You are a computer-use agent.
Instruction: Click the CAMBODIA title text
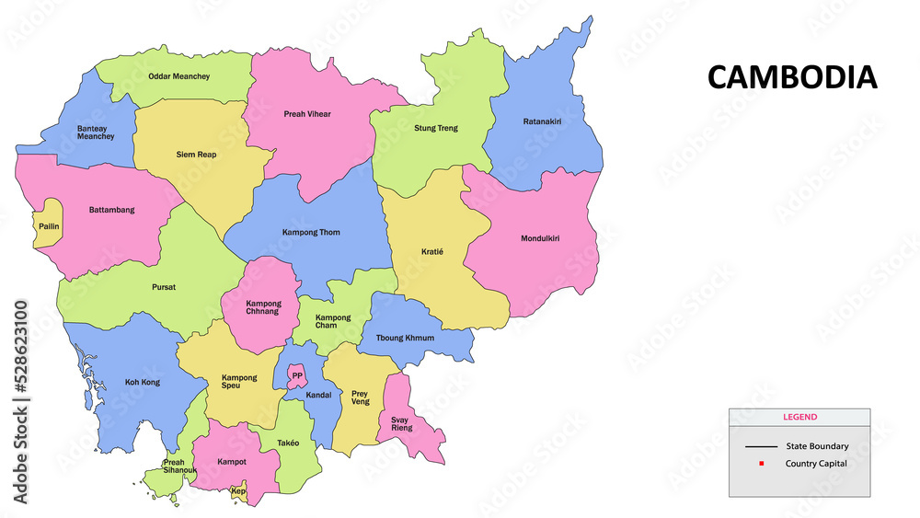click(x=791, y=77)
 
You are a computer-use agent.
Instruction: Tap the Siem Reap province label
click(x=196, y=155)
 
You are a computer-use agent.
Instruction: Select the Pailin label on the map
click(x=49, y=225)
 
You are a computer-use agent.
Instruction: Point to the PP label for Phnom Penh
click(x=297, y=375)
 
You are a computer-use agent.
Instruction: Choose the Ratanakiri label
click(x=542, y=121)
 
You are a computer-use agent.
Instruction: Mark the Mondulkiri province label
click(x=540, y=238)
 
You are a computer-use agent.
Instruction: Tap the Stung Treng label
click(x=435, y=128)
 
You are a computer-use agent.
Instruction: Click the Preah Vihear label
click(x=307, y=114)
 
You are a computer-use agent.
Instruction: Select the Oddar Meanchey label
click(x=178, y=76)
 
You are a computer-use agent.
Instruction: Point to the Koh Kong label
click(x=143, y=382)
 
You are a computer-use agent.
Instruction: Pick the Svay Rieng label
click(x=400, y=423)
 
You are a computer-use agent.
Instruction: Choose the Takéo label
click(x=288, y=443)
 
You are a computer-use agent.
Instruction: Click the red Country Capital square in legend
click(x=761, y=463)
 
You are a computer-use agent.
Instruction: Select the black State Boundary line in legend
click(x=761, y=446)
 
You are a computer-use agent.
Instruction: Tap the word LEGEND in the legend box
click(x=799, y=417)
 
